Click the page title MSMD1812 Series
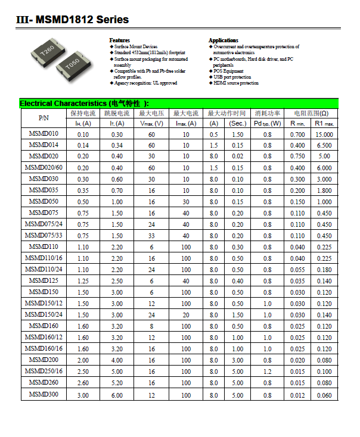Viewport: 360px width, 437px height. [x=73, y=20]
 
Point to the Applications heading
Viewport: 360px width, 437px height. [x=223, y=40]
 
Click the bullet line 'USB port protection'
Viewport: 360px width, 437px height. [x=232, y=77]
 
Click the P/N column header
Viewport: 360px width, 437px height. [x=44, y=117]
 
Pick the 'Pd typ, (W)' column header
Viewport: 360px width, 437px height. [x=267, y=123]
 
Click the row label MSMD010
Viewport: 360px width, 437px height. [x=44, y=134]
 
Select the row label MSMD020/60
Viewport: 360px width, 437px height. [x=44, y=167]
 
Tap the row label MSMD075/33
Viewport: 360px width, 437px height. [x=44, y=235]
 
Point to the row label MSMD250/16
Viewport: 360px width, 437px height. [x=44, y=372]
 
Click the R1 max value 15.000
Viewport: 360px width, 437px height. [x=324, y=135]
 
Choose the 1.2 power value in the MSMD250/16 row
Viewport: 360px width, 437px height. [x=267, y=372]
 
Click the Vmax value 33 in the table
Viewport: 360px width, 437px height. [x=151, y=236]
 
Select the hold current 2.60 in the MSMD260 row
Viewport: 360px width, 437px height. [x=82, y=383]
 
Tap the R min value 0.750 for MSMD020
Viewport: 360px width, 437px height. [x=297, y=157]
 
